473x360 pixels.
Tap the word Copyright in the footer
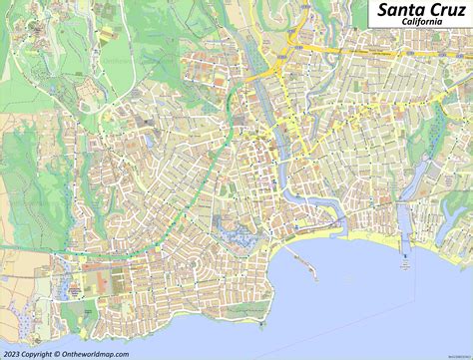(44, 353)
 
